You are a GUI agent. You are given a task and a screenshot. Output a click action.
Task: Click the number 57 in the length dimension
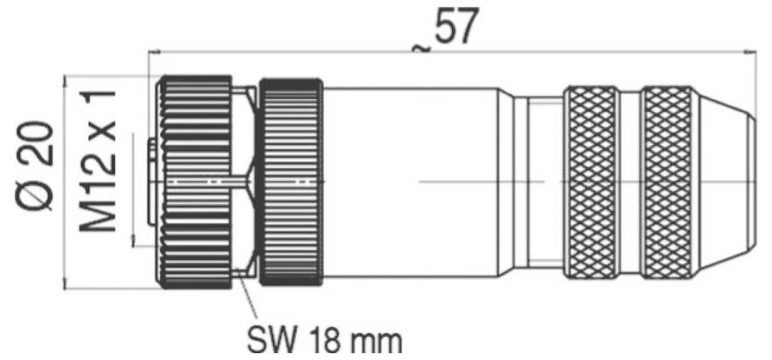click(456, 29)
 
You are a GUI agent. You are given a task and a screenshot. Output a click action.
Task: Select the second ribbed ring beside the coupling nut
click(291, 182)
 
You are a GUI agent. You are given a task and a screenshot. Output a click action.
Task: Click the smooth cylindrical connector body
click(409, 182)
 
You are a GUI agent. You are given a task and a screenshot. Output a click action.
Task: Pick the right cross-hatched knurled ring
click(668, 182)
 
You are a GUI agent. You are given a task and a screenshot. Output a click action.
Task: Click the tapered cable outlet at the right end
click(725, 182)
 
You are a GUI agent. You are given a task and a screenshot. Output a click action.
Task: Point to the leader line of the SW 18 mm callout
click(248, 303)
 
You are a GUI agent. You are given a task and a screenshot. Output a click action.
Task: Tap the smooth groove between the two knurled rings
click(630, 182)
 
